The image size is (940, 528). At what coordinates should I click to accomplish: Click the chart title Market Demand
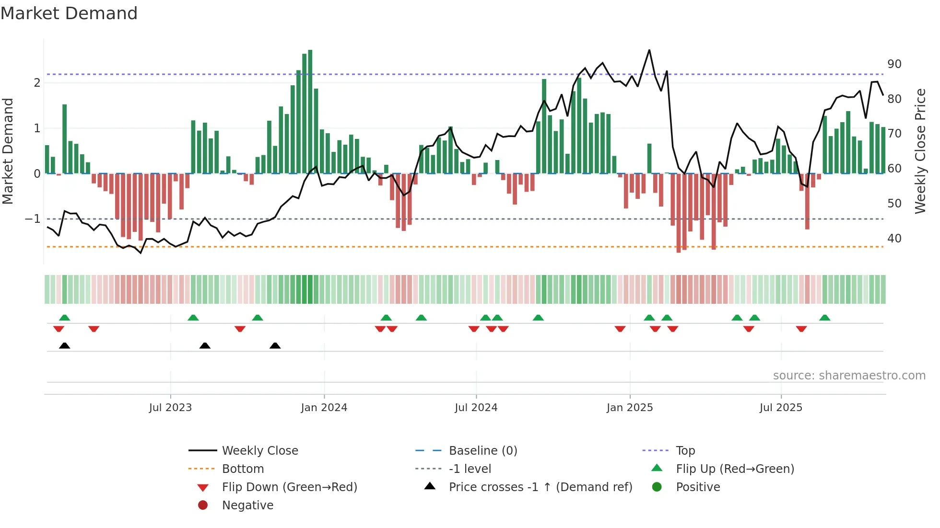pyautogui.click(x=69, y=13)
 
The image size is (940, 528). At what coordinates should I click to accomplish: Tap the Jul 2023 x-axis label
pyautogui.click(x=170, y=408)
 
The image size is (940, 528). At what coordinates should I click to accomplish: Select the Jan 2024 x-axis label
pyautogui.click(x=324, y=408)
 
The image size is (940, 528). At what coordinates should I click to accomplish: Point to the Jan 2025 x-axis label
pyautogui.click(x=629, y=408)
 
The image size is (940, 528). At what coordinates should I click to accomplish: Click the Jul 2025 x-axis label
pyautogui.click(x=781, y=408)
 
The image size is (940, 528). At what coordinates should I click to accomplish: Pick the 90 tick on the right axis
pyautogui.click(x=894, y=64)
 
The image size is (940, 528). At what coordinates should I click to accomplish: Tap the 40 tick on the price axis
pyautogui.click(x=894, y=239)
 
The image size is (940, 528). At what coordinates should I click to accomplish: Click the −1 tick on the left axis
pyautogui.click(x=33, y=219)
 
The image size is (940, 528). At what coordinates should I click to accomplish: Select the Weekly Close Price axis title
pyautogui.click(x=920, y=151)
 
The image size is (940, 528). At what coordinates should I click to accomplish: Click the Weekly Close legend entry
pyautogui.click(x=259, y=451)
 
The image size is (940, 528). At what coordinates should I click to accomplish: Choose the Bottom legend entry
pyautogui.click(x=243, y=469)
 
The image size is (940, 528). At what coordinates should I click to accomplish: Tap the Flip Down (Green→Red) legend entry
pyautogui.click(x=289, y=487)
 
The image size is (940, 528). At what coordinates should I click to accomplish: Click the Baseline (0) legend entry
pyautogui.click(x=482, y=451)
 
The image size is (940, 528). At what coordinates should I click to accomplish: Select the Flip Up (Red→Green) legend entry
pyautogui.click(x=735, y=469)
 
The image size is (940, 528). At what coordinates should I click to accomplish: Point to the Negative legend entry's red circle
pyautogui.click(x=203, y=505)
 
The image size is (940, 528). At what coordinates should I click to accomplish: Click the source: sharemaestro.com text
pyautogui.click(x=849, y=376)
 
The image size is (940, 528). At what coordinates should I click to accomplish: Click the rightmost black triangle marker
pyautogui.click(x=275, y=345)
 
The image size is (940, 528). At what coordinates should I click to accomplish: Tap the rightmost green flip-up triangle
pyautogui.click(x=824, y=318)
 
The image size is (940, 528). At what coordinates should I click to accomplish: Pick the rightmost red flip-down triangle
pyautogui.click(x=801, y=329)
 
